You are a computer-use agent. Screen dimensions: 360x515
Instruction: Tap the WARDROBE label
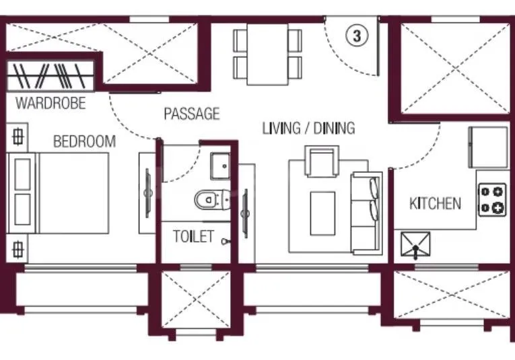pos(51,103)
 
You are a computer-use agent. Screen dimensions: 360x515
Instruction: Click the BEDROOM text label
pos(84,142)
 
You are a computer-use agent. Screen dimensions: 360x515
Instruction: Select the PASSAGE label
pos(192,114)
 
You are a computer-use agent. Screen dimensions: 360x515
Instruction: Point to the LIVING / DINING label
pos(308,128)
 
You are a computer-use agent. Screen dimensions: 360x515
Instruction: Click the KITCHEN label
pos(436,203)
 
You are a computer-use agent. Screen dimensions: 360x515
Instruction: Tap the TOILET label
pos(193,237)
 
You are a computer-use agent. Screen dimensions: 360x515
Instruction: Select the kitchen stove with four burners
pos(492,199)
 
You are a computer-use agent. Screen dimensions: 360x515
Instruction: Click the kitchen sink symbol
pos(415,246)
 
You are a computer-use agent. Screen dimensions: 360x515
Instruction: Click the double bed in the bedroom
pos(67,193)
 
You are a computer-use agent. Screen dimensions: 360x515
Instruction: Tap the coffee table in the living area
pos(322,213)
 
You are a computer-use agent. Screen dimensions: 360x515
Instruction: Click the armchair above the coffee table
pos(322,162)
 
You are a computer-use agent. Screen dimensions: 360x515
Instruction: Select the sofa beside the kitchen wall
pos(366,213)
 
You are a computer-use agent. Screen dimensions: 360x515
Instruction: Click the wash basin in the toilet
pos(219,166)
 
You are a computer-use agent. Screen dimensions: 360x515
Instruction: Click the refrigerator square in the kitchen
pos(488,147)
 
